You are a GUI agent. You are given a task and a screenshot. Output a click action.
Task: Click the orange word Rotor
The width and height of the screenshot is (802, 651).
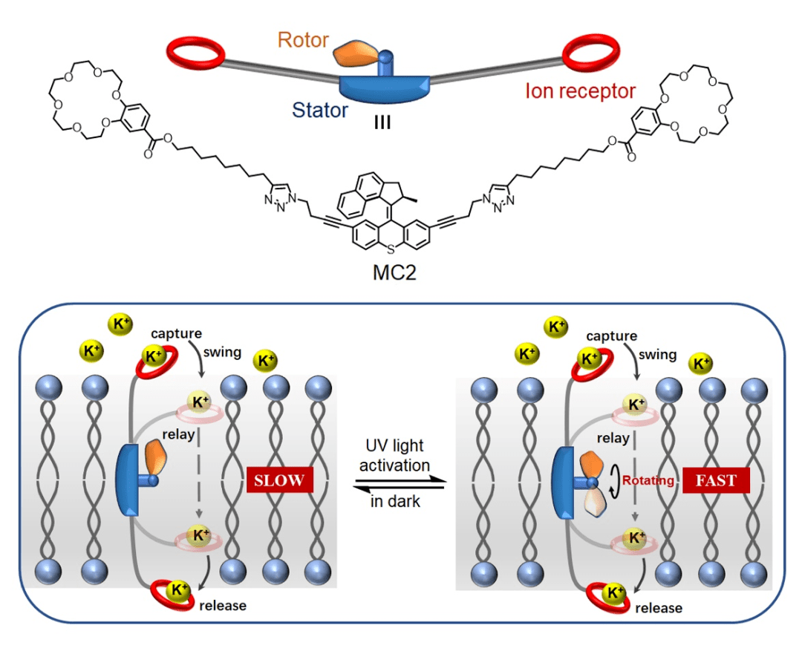click(x=303, y=39)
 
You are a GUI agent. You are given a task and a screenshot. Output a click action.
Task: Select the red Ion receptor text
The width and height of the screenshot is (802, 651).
click(x=581, y=91)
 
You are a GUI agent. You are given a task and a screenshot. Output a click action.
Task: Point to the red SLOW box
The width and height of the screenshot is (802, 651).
click(x=280, y=480)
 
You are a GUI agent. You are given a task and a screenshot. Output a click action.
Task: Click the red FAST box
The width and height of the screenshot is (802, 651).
click(x=716, y=480)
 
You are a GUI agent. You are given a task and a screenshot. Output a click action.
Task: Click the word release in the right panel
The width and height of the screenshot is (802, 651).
click(x=659, y=608)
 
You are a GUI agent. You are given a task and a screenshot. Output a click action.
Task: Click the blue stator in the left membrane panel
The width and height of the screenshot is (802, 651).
click(x=129, y=480)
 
